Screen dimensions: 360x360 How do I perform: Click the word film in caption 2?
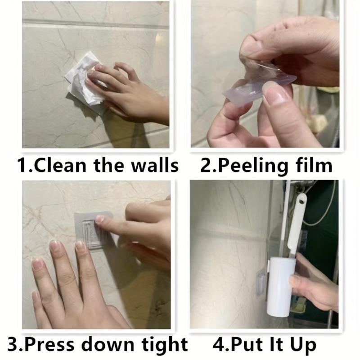[314, 165]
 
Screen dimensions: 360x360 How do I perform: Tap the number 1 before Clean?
[22, 165]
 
